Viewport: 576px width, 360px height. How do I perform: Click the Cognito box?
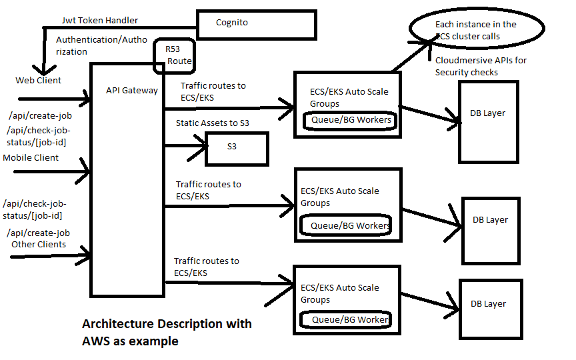coord(256,23)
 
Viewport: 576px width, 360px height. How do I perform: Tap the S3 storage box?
coord(237,147)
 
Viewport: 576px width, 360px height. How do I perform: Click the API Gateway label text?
coord(132,90)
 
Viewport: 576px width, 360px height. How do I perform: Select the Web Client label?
coord(39,81)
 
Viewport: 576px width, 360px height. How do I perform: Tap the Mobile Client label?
coord(31,158)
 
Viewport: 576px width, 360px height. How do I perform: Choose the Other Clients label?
coord(39,244)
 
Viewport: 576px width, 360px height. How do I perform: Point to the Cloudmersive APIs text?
coord(480,66)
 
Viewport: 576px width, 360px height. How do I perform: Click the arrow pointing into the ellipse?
coord(427,42)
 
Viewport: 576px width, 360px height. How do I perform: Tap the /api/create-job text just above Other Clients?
coord(38,233)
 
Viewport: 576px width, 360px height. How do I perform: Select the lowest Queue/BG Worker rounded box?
coord(345,319)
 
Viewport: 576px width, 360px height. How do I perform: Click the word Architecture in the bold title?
coord(119,324)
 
